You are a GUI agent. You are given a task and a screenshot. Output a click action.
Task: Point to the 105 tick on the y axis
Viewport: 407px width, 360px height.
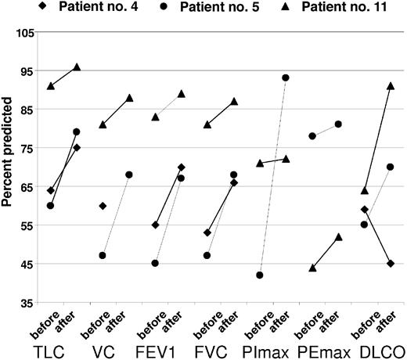tap(30, 33)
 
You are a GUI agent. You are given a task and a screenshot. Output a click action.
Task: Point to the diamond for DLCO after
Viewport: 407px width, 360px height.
tap(390, 263)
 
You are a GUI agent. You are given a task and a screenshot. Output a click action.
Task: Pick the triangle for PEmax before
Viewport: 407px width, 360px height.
tap(312, 267)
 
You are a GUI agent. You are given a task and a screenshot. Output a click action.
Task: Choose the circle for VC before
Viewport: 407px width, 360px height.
tap(103, 255)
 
